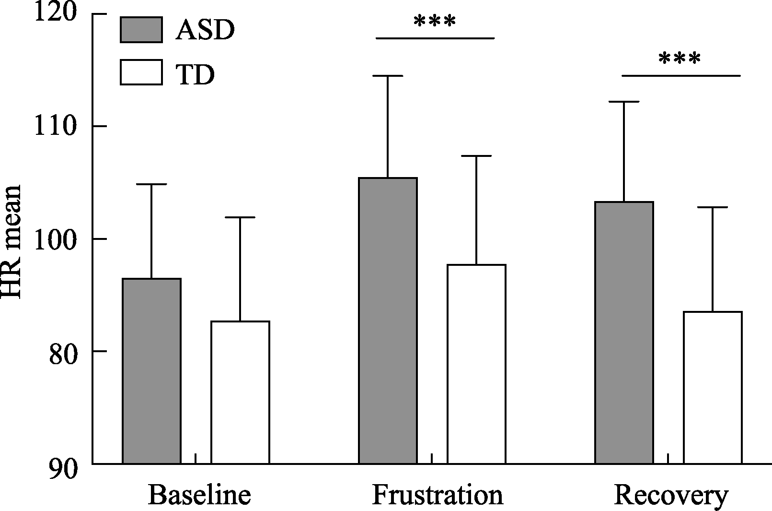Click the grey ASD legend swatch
(141, 30)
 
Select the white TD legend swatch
(141, 72)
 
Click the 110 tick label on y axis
(56, 126)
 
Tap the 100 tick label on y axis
(56, 239)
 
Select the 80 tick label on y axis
(63, 352)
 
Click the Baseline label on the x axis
(199, 495)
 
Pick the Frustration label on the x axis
(438, 495)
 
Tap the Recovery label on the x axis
(671, 496)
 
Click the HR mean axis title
(12, 242)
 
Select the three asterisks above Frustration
(435, 22)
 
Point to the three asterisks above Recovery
(680, 60)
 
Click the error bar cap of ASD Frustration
(388, 76)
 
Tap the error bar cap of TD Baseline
(240, 217)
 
